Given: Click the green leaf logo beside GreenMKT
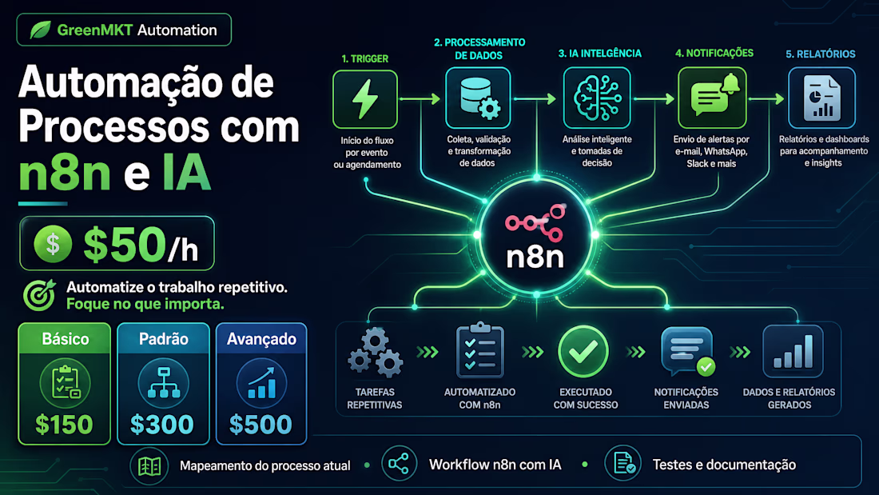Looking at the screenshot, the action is (x=41, y=30).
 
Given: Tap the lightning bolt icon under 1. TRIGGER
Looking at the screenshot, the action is (x=365, y=99).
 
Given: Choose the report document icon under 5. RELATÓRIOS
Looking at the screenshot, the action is (x=821, y=98).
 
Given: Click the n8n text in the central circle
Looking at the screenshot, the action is (x=535, y=257).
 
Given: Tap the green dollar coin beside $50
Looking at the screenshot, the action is (x=53, y=244).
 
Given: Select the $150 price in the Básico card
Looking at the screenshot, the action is (x=64, y=425).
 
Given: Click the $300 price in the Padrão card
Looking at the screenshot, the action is (x=162, y=425).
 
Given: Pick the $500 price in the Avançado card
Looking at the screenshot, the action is (x=261, y=425).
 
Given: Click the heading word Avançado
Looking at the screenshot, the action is (x=261, y=339).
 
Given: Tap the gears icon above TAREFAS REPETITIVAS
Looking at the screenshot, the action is (x=375, y=353).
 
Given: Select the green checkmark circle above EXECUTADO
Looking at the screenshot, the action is (x=583, y=351).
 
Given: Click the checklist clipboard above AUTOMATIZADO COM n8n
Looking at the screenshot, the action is (x=480, y=350).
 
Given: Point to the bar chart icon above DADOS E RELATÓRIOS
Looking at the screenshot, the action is (x=793, y=351).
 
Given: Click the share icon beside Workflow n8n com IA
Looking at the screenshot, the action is (x=399, y=464).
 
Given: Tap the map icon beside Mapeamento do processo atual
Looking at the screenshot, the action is (x=149, y=466).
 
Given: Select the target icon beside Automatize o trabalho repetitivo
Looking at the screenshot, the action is (x=39, y=295).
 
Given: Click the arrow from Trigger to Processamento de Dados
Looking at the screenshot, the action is (x=420, y=99).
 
